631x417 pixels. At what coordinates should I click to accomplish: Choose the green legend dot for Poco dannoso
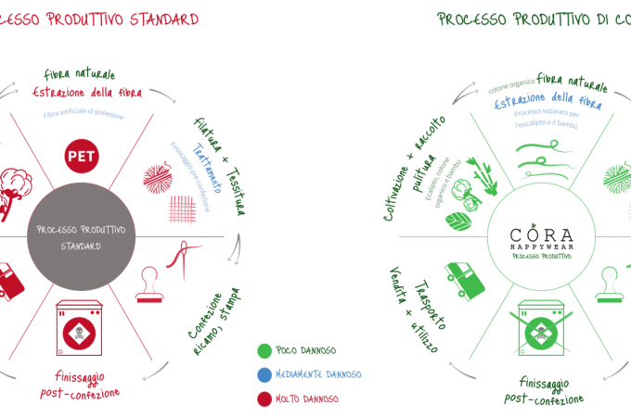click(x=264, y=351)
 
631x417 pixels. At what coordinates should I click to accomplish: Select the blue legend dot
click(x=264, y=374)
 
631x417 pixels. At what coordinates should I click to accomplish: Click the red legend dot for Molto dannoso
click(x=264, y=398)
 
